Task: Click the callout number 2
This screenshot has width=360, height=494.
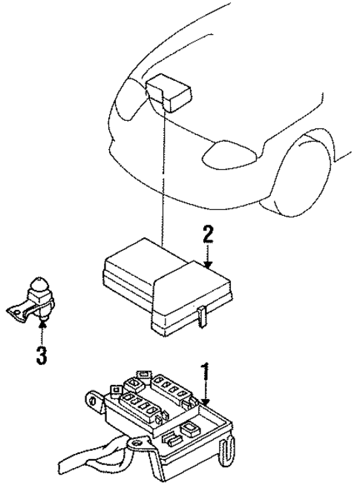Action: pyautogui.click(x=209, y=236)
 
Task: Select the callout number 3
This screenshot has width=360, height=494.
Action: pyautogui.click(x=42, y=355)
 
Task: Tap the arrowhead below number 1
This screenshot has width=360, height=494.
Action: pyautogui.click(x=204, y=401)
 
